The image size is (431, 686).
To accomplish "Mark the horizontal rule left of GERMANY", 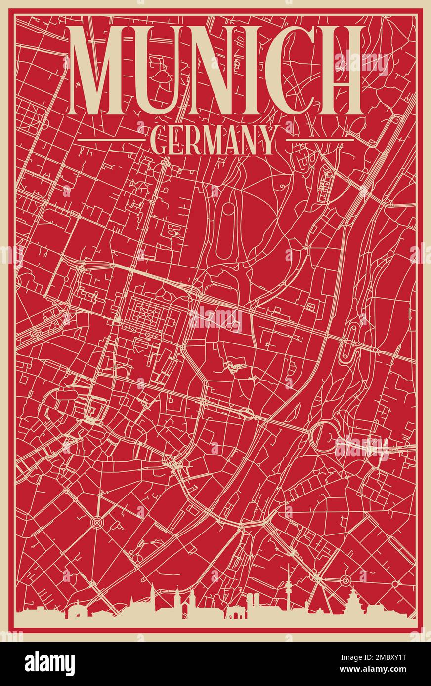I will [112, 140].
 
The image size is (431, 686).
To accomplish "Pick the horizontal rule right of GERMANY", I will [320, 140].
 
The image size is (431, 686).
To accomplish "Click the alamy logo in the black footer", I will [49, 664].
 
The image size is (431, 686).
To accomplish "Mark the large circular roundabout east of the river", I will [321, 435].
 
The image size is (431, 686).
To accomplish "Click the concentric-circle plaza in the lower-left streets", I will [96, 521].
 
